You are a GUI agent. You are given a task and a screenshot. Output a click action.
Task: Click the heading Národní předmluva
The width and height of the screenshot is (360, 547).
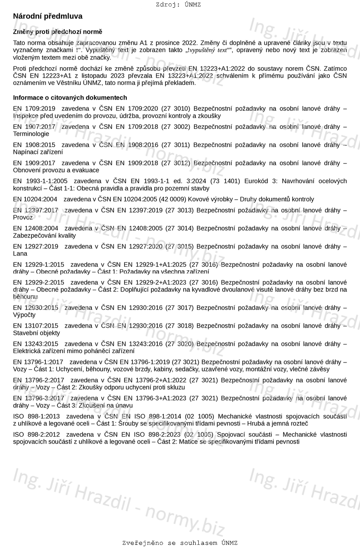(47, 16)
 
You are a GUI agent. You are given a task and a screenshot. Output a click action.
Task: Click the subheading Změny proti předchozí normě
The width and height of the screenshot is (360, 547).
(58, 32)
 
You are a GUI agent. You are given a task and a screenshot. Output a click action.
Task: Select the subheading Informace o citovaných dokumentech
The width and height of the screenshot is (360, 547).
(70, 98)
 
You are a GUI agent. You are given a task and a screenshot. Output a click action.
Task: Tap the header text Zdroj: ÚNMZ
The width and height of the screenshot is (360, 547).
(178, 5)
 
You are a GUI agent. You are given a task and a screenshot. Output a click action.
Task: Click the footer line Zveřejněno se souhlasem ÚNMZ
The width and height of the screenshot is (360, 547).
(180, 543)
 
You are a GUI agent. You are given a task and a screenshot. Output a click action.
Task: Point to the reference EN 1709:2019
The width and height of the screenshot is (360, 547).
(34, 109)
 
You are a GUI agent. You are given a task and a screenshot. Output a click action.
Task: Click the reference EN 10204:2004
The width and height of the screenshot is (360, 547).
(35, 200)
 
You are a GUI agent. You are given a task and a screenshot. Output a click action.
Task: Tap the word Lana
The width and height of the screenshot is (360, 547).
(20, 254)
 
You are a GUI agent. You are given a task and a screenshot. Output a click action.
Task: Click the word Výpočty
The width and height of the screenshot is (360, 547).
(24, 315)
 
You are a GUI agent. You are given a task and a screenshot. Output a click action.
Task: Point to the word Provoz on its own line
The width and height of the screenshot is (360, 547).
(23, 218)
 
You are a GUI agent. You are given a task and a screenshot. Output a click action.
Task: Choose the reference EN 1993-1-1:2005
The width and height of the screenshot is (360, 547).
(40, 181)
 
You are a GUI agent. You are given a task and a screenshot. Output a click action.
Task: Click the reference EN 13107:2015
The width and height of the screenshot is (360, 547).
(35, 326)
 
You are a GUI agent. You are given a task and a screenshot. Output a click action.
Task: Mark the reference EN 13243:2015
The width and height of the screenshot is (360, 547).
(35, 344)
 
